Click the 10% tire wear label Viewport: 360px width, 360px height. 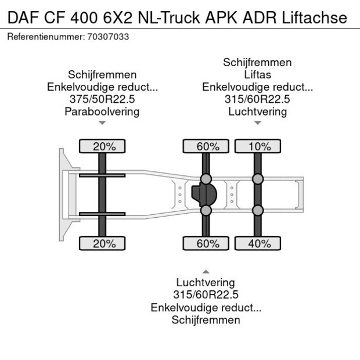point(257,146)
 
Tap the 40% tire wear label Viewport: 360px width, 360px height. point(257,244)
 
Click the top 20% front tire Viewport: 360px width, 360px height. point(102,146)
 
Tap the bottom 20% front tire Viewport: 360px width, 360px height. point(102,244)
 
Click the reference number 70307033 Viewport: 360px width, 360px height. point(108,37)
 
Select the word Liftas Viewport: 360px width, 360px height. point(257,75)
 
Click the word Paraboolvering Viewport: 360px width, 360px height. point(102,111)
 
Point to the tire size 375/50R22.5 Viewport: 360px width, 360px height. point(102,99)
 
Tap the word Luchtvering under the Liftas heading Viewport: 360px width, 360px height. point(257,111)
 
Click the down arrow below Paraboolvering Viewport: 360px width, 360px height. point(102,123)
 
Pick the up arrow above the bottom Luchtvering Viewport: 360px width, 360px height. point(206,271)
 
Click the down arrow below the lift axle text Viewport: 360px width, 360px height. point(257,123)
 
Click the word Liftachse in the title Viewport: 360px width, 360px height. point(314,17)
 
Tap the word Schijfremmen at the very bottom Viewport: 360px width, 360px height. point(206,319)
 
